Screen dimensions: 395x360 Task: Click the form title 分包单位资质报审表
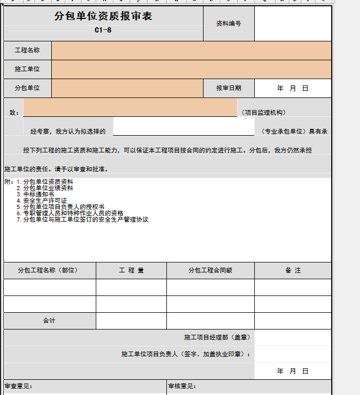tap(103, 17)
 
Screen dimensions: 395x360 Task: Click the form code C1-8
tap(103, 30)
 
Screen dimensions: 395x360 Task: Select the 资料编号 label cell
tap(229, 24)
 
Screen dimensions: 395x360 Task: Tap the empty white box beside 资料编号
tap(292, 24)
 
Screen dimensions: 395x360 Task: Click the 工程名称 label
tap(27, 51)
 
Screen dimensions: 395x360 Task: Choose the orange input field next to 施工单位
tap(191, 69)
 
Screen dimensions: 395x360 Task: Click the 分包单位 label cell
tap(27, 88)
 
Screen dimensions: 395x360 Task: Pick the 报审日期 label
tap(229, 88)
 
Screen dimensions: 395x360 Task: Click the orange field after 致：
tap(130, 107)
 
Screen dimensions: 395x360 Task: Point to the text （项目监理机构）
tap(264, 113)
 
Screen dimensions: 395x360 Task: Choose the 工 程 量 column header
tap(131, 270)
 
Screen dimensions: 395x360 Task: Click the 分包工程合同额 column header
tap(210, 270)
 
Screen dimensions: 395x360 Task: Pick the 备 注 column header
tap(293, 270)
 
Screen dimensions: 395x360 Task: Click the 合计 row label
tap(49, 321)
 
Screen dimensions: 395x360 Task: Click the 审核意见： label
tap(182, 387)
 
